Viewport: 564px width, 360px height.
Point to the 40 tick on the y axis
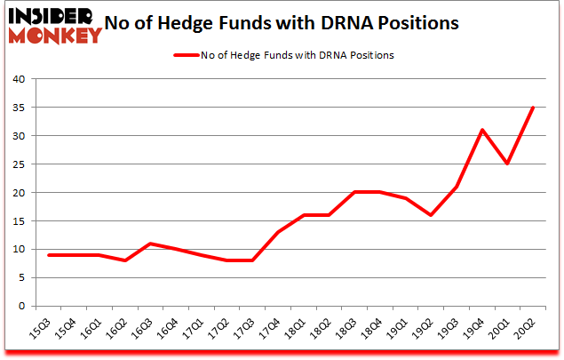[x=19, y=79]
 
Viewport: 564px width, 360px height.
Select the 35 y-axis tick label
[x=19, y=108]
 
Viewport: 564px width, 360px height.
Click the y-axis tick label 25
[x=19, y=164]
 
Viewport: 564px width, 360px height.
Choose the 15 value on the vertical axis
[x=19, y=221]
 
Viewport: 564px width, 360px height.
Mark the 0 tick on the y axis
[x=22, y=306]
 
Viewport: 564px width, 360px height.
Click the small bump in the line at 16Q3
[x=151, y=244]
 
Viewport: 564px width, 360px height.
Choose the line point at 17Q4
[x=278, y=232]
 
